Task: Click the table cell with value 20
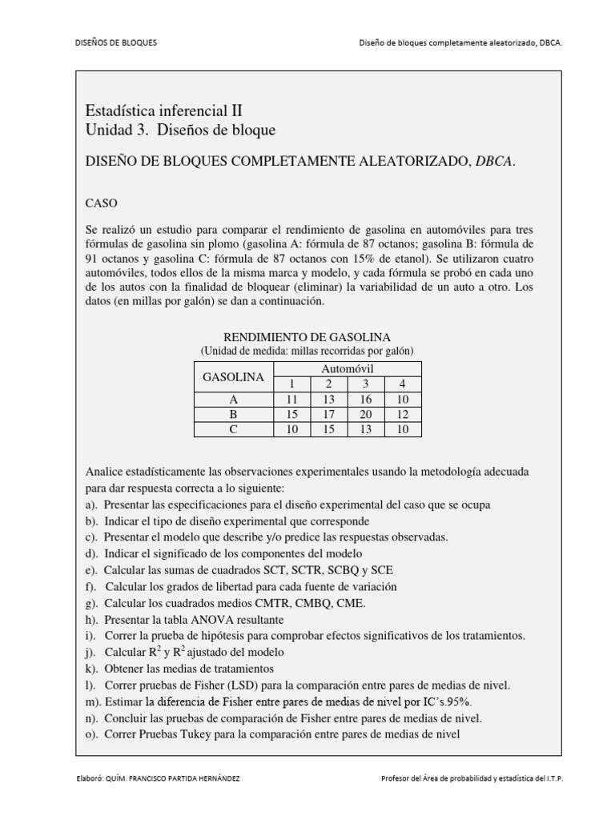point(366,414)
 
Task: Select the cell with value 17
point(328,414)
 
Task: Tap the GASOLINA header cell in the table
point(233,376)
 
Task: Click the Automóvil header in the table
point(348,368)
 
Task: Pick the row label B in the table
point(233,414)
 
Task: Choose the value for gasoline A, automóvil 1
point(291,399)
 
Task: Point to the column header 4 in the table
point(403,384)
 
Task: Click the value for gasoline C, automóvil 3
point(366,429)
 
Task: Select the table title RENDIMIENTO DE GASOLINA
point(306,336)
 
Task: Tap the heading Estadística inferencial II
point(163,111)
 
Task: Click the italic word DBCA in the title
point(493,161)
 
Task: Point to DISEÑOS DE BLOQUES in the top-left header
point(111,42)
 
